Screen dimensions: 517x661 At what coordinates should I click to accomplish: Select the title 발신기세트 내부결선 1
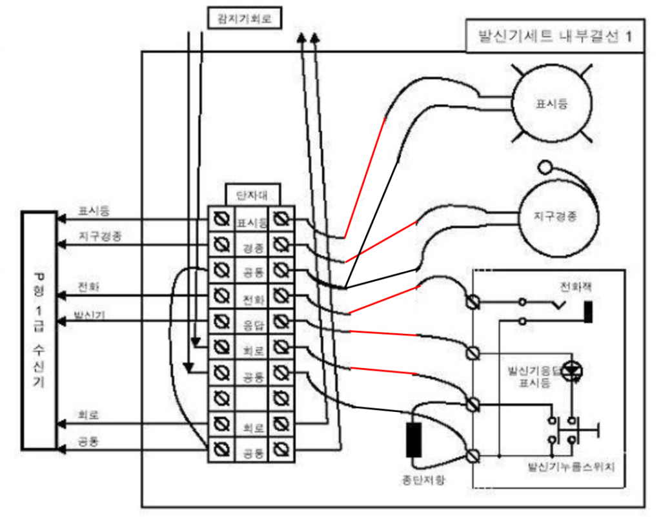[x=554, y=36]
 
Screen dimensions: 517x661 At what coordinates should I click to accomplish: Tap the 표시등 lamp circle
[x=551, y=103]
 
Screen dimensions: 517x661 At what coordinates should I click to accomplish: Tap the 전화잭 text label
[x=575, y=286]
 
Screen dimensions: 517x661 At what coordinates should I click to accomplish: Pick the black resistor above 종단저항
[x=413, y=440]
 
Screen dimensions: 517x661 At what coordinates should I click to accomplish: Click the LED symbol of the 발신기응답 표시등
[x=571, y=370]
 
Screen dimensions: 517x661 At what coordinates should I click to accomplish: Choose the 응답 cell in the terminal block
[x=252, y=322]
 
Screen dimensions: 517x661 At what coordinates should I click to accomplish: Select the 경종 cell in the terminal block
[x=252, y=247]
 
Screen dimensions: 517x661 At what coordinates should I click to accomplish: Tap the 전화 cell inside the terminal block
[x=252, y=298]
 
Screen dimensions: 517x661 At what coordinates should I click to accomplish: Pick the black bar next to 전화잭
[x=588, y=311]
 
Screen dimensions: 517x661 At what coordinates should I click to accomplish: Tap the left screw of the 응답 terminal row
[x=221, y=322]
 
